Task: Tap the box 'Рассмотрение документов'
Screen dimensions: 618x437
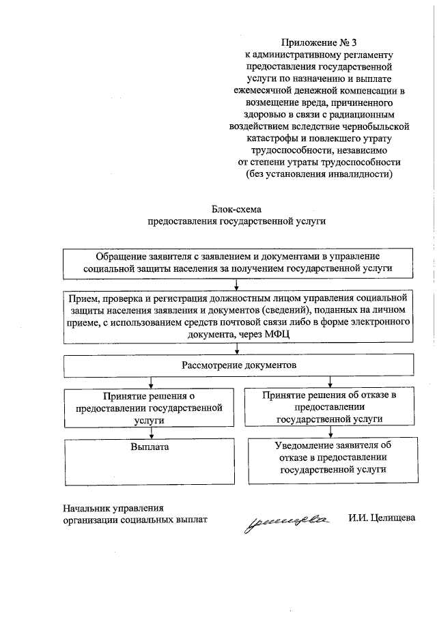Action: click(x=238, y=365)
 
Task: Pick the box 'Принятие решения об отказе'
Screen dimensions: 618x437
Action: click(x=329, y=406)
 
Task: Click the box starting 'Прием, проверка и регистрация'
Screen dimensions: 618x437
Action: click(x=238, y=316)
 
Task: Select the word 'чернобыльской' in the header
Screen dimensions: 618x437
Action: click(x=378, y=127)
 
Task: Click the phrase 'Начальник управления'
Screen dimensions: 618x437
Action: click(x=114, y=507)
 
